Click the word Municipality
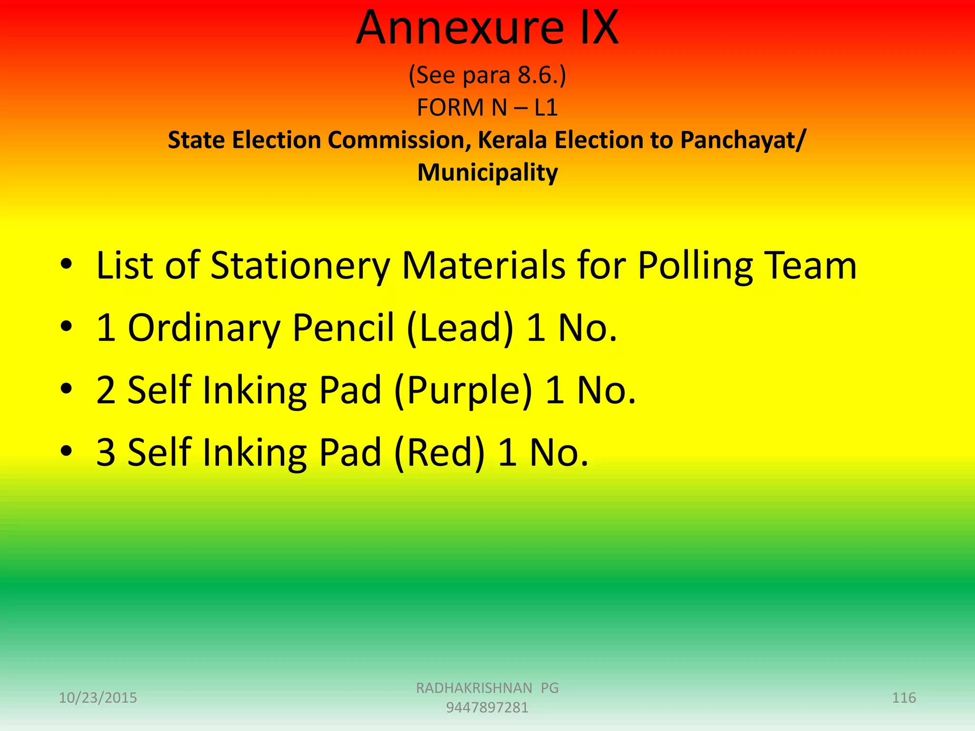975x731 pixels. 487,172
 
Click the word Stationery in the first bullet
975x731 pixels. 300,266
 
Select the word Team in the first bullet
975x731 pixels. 818,266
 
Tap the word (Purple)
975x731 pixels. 463,390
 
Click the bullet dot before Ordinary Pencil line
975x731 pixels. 66,326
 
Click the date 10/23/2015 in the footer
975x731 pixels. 98,698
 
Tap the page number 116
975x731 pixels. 904,698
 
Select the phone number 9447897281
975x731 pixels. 487,708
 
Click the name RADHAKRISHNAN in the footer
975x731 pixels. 474,688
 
